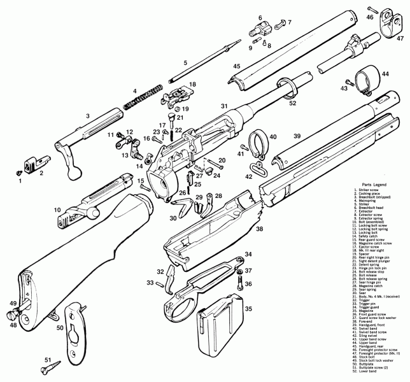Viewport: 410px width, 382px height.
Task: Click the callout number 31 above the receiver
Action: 223,106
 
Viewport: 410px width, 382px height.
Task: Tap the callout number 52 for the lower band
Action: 292,103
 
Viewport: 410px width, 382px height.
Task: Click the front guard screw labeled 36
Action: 240,285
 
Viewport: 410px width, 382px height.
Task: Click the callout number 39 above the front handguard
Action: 297,137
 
